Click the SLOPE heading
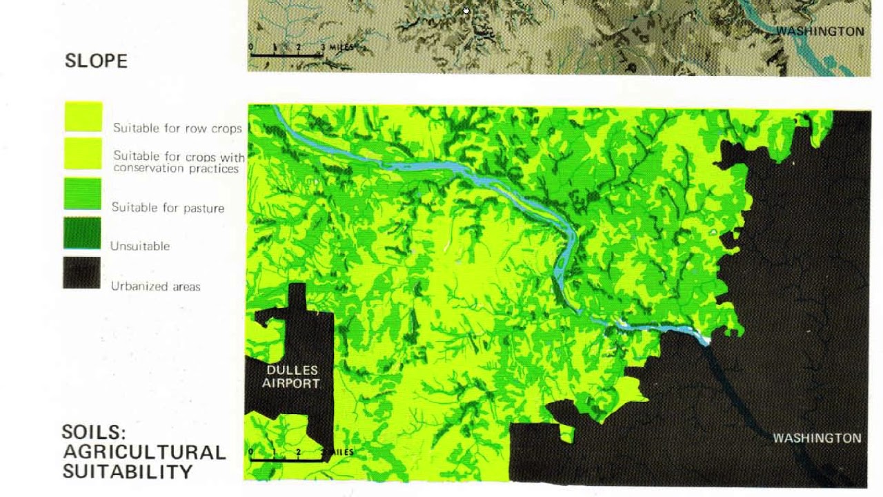(x=97, y=61)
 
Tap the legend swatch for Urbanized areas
(x=82, y=273)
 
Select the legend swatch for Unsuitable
(x=82, y=233)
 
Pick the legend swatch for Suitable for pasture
(x=83, y=193)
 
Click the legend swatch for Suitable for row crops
(x=83, y=117)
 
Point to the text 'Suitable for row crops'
(x=177, y=128)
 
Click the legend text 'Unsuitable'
(x=140, y=246)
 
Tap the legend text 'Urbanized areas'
(x=156, y=286)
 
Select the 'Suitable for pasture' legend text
(x=168, y=207)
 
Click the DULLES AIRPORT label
(x=290, y=377)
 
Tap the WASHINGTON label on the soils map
(x=817, y=438)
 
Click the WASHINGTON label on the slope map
(x=820, y=31)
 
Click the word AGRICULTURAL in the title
(x=144, y=452)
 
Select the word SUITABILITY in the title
(x=128, y=471)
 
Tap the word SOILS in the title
(x=94, y=432)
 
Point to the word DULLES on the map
(x=292, y=371)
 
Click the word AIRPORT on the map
(x=290, y=383)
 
